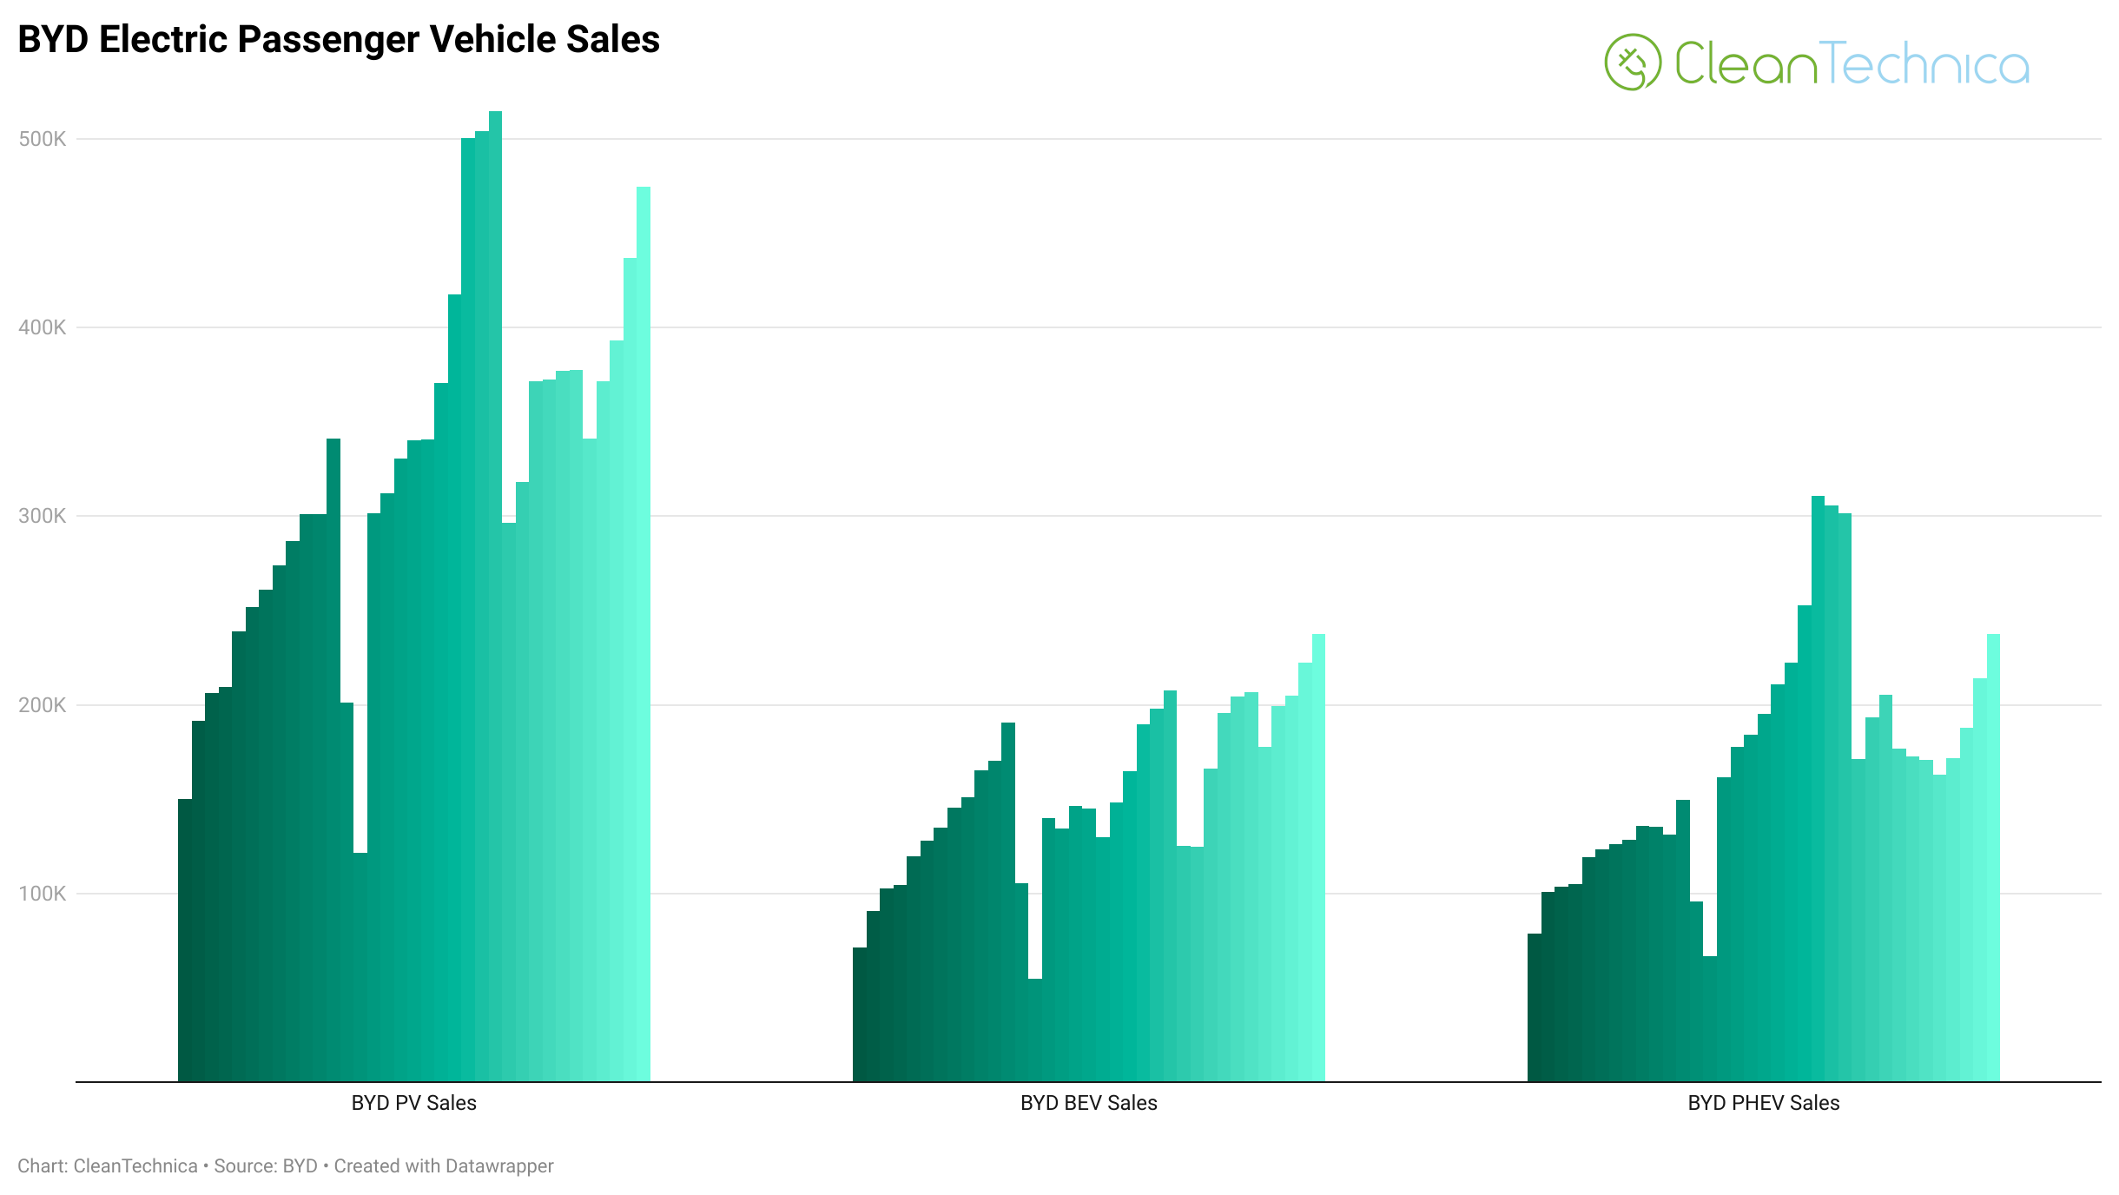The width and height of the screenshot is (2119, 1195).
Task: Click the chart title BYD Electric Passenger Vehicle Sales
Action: point(339,40)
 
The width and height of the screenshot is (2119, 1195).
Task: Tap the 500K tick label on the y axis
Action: point(42,139)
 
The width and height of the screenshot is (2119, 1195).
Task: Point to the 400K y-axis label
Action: point(42,327)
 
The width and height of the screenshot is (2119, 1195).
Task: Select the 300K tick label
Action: point(42,516)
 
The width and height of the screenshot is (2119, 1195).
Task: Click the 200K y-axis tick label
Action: point(42,705)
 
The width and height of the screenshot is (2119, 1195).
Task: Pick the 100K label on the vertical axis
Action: point(42,894)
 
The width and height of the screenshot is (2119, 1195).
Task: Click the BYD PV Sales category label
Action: point(413,1103)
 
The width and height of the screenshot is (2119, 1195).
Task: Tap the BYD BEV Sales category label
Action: point(1088,1103)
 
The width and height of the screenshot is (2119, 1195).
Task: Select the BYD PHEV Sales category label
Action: point(1763,1103)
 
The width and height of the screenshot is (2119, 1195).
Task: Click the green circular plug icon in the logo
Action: point(1632,63)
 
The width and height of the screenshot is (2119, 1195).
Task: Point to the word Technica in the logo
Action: point(1924,63)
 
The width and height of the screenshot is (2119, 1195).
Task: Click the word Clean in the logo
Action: point(1746,63)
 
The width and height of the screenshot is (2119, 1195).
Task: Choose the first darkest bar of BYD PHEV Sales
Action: point(1535,1007)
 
